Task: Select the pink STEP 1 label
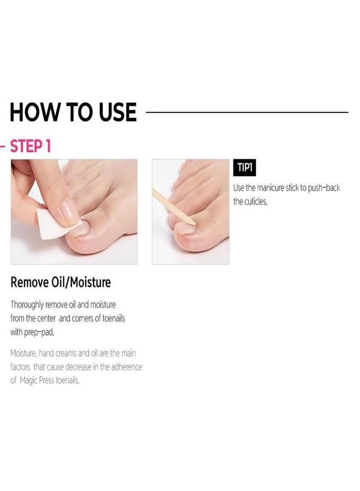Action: [x=31, y=147]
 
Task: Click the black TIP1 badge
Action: [x=244, y=168]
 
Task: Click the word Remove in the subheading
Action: [x=31, y=282]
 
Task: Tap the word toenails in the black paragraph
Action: [x=110, y=318]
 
